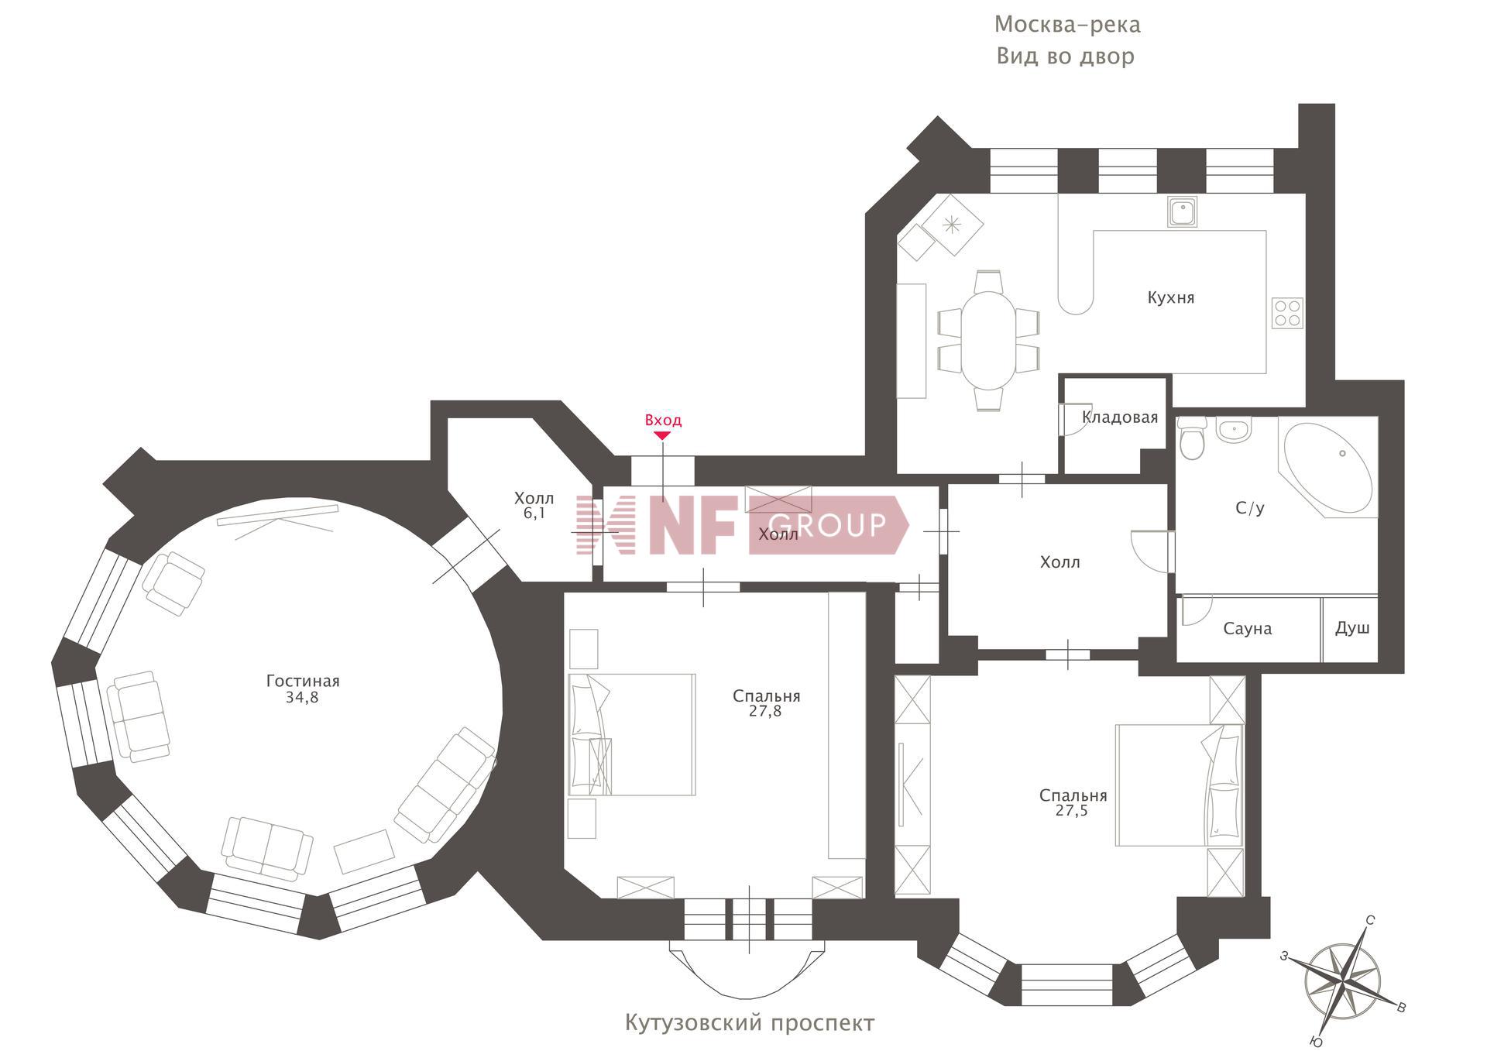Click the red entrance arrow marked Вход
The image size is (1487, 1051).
point(661,435)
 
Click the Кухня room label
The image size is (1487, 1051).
point(1170,297)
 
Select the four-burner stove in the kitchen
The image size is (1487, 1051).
point(1286,313)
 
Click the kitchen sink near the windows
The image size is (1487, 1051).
point(1182,211)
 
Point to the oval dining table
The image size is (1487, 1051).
point(987,339)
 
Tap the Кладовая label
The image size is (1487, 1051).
point(1119,417)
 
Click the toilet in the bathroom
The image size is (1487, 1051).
point(1192,440)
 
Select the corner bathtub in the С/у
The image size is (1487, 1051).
point(1327,467)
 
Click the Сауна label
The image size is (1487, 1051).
point(1247,628)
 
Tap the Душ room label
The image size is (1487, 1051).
point(1351,627)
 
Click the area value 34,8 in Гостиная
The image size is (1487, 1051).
point(302,697)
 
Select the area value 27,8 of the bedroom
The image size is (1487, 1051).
point(765,711)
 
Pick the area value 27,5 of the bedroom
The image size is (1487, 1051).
point(1071,811)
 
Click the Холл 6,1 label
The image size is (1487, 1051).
point(534,505)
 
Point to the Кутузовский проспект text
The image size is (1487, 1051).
point(749,1023)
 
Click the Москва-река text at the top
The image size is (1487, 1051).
point(1066,25)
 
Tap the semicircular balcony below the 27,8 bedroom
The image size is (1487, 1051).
point(747,968)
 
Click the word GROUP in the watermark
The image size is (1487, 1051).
point(827,525)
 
